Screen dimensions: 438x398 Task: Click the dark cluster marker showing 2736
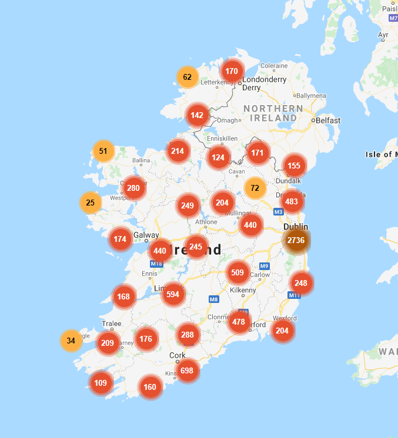coord(296,240)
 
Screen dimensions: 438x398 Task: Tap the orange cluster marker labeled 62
coord(188,77)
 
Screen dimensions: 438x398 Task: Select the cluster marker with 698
coord(187,370)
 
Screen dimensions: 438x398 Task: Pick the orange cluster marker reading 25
coord(90,203)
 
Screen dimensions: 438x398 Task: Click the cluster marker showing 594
coord(173,294)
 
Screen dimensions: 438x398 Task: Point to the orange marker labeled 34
coord(71,341)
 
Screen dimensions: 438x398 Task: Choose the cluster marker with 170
coord(232,72)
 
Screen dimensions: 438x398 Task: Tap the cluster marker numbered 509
coord(238,272)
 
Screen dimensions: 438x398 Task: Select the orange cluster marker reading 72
coord(255,188)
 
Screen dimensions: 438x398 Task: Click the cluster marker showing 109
coord(101,383)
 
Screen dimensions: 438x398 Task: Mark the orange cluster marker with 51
coord(103,151)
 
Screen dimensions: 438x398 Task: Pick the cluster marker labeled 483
coord(291,202)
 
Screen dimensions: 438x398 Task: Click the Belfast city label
coord(328,120)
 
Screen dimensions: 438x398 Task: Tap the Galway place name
coord(146,235)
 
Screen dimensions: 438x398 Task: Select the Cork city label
coord(177,355)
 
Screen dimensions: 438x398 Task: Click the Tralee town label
coord(112,324)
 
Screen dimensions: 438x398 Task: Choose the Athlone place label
coord(206,222)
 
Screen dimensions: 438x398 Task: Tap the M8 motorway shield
coord(214,299)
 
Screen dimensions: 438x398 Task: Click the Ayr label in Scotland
coord(384,35)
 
